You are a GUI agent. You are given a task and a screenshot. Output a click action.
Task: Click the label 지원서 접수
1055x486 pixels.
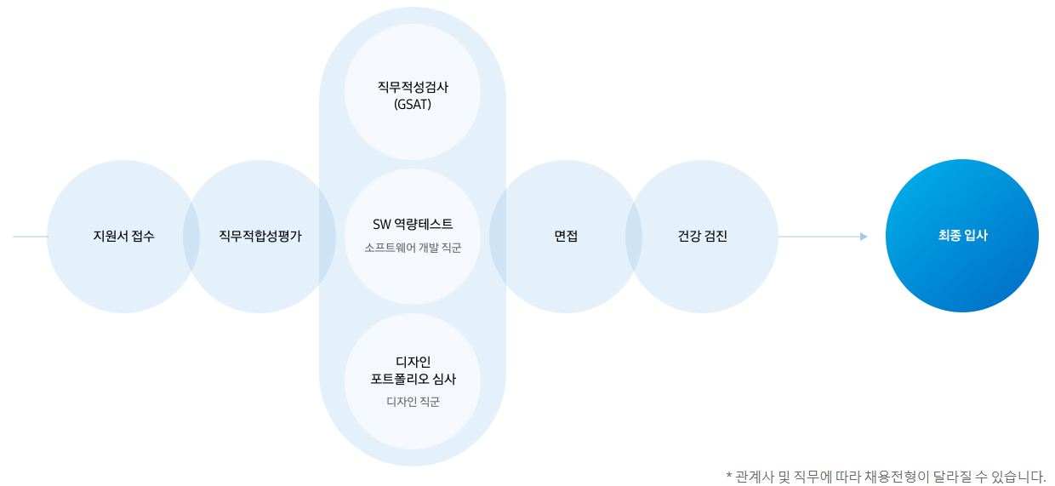(123, 237)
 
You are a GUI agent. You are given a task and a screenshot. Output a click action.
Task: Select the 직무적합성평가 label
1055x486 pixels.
(259, 237)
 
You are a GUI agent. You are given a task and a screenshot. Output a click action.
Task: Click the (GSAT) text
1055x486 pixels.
(413, 105)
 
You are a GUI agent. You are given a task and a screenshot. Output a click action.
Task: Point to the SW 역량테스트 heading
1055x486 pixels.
(413, 225)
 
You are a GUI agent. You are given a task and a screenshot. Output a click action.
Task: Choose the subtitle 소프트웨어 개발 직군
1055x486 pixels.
(413, 248)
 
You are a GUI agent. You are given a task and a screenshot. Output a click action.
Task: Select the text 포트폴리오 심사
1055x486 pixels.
(413, 380)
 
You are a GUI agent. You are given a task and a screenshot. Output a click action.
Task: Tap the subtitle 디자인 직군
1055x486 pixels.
(413, 402)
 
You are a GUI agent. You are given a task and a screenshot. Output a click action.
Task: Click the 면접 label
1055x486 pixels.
(566, 237)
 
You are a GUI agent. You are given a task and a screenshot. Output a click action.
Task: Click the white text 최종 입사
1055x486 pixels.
(962, 236)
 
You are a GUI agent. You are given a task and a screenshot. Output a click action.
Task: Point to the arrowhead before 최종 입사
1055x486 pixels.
(864, 237)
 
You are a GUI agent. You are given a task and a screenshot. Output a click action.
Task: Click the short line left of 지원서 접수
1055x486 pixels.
(30, 237)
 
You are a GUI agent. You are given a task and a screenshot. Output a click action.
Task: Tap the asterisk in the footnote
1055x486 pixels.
(729, 476)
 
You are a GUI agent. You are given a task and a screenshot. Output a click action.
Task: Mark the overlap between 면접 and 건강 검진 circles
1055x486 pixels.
(634, 237)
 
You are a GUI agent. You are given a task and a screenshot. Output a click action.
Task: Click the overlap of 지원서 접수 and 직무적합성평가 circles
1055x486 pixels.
(191, 237)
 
